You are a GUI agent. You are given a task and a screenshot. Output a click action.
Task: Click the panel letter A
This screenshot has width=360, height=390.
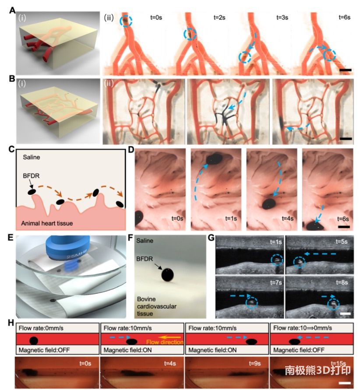(12, 11)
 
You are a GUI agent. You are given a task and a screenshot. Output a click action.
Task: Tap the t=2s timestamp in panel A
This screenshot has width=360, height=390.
(219, 18)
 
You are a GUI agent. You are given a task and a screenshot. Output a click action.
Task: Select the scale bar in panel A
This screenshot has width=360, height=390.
(345, 70)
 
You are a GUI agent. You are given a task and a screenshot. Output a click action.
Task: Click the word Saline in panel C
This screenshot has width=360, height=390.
(32, 157)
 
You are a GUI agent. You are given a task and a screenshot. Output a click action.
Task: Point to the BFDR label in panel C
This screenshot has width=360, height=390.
(31, 176)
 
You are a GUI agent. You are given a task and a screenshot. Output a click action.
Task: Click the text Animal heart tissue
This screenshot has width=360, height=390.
(47, 223)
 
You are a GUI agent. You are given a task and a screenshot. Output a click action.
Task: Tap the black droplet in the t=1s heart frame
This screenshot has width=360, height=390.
(214, 158)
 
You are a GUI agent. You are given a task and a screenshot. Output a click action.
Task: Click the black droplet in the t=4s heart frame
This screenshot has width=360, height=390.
(269, 204)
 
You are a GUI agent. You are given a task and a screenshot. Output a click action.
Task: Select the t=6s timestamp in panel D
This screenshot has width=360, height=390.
(343, 219)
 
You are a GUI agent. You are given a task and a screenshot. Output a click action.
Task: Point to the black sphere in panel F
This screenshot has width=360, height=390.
(167, 275)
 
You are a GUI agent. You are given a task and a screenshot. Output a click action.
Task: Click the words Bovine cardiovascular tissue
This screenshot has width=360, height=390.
(156, 306)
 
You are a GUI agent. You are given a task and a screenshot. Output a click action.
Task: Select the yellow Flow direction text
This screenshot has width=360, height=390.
(165, 342)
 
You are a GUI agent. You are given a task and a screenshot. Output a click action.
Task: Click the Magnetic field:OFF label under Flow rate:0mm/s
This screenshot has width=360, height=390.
(44, 350)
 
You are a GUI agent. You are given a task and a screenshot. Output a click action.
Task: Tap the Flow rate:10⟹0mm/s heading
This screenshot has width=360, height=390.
(303, 328)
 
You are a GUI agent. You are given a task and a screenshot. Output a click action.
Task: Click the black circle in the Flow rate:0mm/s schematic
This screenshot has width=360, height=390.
(34, 341)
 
